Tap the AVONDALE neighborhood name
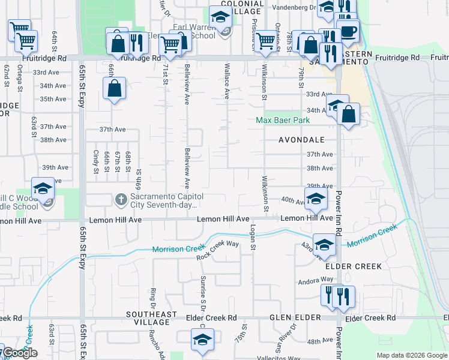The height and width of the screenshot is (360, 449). point(301,140)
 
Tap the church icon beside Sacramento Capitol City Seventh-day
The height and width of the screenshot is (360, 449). point(120,198)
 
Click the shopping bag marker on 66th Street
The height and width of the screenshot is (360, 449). point(114,89)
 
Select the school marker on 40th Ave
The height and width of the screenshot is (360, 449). point(316,199)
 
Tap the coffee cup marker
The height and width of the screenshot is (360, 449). point(349,31)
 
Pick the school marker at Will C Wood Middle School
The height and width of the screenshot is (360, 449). point(43,189)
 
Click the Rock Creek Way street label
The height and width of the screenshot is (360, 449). point(217,250)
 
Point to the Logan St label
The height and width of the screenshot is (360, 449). point(253,238)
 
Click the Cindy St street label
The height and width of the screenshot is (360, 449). point(96,162)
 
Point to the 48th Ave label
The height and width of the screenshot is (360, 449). point(319,341)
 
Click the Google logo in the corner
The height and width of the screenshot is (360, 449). point(20,353)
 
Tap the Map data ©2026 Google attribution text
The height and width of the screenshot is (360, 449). point(411,355)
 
